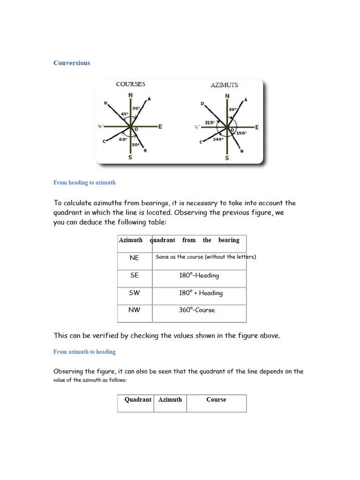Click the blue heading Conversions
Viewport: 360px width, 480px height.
[x=72, y=63]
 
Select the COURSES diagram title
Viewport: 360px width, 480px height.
[x=130, y=84]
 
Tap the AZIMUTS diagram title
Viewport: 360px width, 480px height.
[x=224, y=85]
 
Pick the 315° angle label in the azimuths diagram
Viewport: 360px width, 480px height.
[x=209, y=123]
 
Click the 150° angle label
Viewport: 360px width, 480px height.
[x=241, y=133]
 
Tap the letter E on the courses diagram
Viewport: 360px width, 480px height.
[x=160, y=127]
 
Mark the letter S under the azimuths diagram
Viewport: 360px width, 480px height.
[x=227, y=158]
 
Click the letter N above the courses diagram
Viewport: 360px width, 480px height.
[x=130, y=95]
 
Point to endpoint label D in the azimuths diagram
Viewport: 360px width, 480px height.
[x=202, y=104]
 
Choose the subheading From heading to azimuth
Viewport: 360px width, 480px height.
[x=84, y=183]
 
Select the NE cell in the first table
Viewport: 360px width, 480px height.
[x=135, y=258]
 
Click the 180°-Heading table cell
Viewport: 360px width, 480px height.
[x=199, y=276]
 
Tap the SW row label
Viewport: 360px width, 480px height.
[x=135, y=293]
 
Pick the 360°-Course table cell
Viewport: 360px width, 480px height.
[x=197, y=310]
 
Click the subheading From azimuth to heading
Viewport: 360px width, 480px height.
[x=84, y=352]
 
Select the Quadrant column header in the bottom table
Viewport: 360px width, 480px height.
[x=138, y=400]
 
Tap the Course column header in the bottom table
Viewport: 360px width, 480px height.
[x=216, y=400]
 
